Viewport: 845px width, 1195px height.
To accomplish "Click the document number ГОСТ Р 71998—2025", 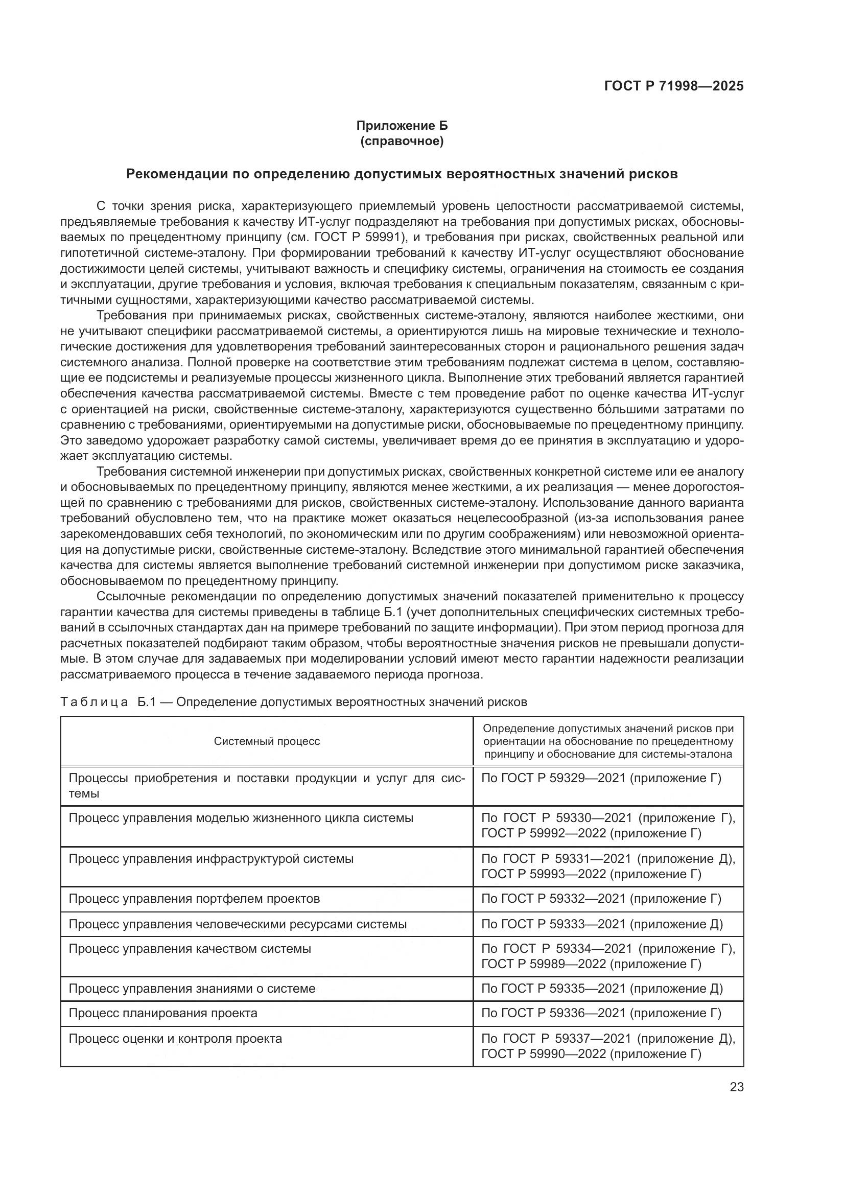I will pos(673,86).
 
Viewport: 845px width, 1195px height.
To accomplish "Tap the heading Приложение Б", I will pos(402,126).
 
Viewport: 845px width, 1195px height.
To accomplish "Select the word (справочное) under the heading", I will pos(402,142).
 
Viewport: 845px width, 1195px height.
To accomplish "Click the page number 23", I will pos(736,1087).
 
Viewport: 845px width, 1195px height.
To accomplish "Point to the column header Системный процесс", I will pos(266,741).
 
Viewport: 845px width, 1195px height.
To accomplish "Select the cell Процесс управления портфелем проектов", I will pos(194,898).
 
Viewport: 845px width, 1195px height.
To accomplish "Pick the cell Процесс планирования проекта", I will pos(163,1013).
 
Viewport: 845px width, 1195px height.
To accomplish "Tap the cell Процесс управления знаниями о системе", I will pos(192,989).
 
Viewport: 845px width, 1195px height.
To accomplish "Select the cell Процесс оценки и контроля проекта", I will pos(175,1038).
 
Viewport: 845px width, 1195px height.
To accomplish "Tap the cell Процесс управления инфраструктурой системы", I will pos(210,858).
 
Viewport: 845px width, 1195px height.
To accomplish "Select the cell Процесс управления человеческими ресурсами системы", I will pos(237,924).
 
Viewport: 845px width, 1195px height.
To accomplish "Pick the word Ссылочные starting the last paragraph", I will pos(131,596).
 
